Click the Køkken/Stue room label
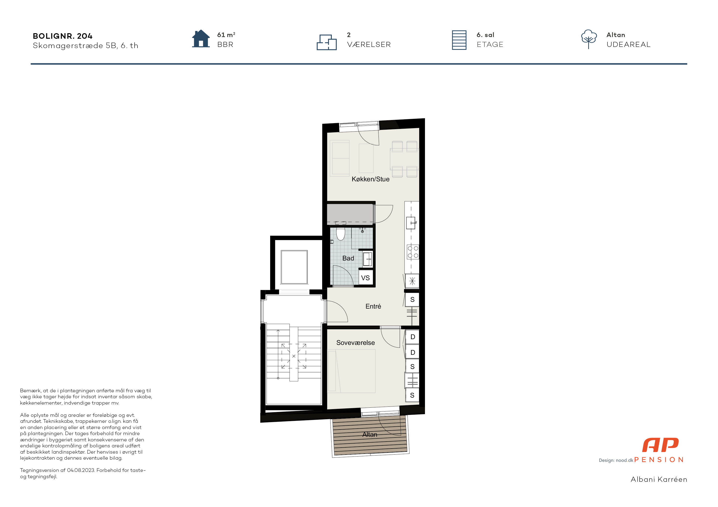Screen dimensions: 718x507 (370, 179)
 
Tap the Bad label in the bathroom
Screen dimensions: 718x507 (348, 258)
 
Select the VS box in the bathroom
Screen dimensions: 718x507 (365, 278)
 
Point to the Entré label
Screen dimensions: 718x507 (373, 306)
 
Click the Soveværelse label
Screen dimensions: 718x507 (356, 343)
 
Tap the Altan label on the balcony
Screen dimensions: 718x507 (370, 435)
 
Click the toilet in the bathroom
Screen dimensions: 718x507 (340, 234)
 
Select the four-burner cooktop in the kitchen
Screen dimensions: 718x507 (413, 252)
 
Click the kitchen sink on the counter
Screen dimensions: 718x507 (411, 223)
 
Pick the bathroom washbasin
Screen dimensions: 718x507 (367, 259)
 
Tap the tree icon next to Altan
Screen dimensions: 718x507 (589, 39)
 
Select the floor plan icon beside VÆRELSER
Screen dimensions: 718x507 (326, 42)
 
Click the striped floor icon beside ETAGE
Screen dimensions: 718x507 (459, 40)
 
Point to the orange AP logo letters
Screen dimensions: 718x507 (660, 445)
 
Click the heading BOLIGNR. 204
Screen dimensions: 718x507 (63, 36)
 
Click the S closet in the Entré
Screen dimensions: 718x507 (412, 300)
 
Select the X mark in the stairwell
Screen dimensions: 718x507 (294, 356)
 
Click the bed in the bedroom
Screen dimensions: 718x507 (351, 371)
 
